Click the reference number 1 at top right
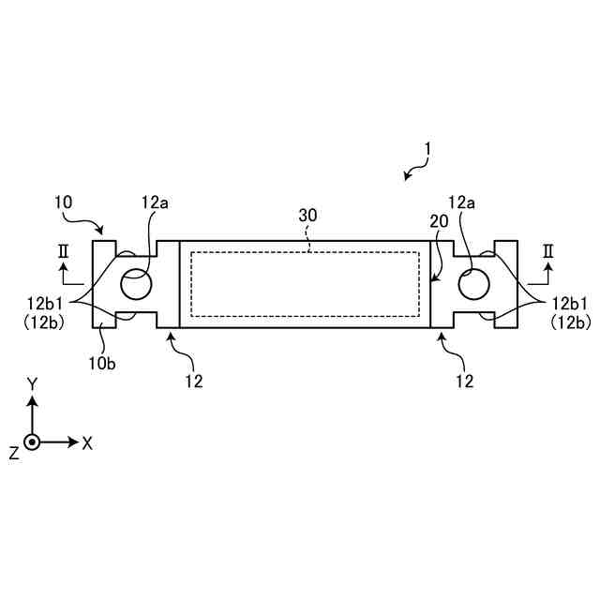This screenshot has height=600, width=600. tap(427, 148)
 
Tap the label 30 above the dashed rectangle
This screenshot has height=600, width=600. tap(308, 215)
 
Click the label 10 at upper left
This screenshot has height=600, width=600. tap(63, 202)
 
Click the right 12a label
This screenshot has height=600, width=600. tap(461, 202)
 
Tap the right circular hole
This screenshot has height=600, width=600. tap(472, 283)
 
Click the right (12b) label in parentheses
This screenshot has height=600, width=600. tap(572, 321)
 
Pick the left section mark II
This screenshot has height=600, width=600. tap(63, 250)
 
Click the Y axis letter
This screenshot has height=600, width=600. tap(32, 383)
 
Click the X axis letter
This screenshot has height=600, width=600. tap(87, 442)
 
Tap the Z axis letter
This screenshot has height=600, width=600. tap(14, 453)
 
